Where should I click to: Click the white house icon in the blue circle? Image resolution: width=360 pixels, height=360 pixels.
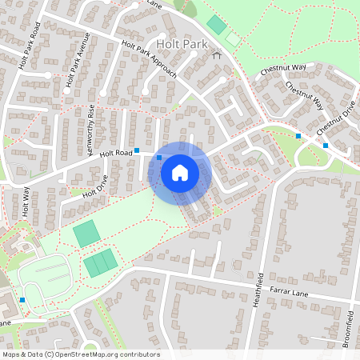180,171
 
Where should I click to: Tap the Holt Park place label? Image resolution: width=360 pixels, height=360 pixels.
183,46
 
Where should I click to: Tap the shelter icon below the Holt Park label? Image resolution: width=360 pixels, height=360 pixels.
216,56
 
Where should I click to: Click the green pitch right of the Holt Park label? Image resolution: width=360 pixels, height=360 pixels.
216,24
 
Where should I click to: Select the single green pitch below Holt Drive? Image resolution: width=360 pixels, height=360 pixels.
86,234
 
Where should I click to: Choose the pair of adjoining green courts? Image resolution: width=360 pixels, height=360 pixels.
102,262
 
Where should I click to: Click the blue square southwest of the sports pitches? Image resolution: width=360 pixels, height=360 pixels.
22,300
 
